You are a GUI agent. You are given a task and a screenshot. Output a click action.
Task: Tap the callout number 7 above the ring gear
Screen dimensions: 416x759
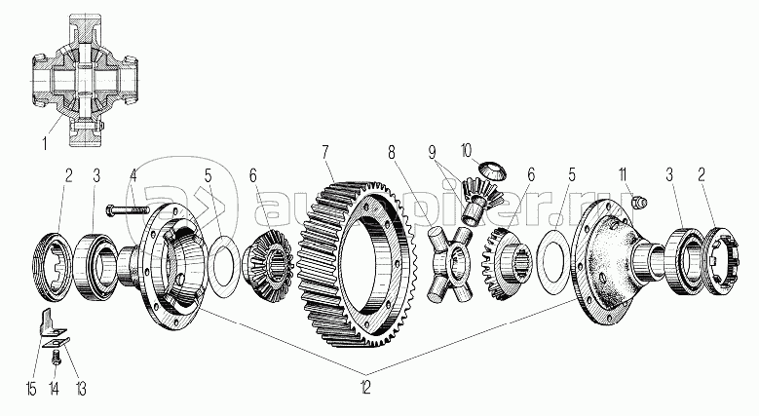[326, 152]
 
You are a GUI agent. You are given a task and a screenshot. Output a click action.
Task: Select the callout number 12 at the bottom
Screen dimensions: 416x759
[364, 389]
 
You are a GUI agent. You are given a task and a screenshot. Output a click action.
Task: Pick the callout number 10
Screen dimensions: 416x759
[466, 150]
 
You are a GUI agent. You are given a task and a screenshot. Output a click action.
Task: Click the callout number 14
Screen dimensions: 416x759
[53, 391]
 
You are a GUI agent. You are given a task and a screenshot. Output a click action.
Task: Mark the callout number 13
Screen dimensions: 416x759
[81, 391]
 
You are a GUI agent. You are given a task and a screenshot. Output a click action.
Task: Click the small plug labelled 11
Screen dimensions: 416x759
[640, 202]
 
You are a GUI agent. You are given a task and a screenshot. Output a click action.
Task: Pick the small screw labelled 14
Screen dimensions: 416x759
[56, 360]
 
